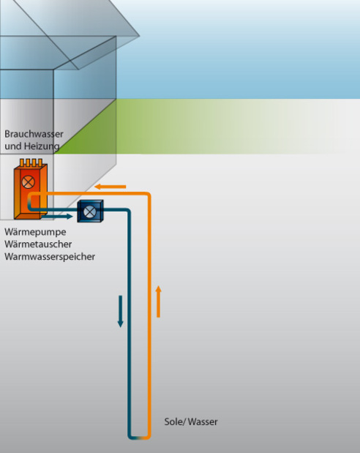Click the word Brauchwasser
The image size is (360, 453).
point(34,134)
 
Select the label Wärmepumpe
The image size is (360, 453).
point(35,232)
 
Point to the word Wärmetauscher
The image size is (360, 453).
point(38,244)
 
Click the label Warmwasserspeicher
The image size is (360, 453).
point(50,257)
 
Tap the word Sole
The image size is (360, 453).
point(173,422)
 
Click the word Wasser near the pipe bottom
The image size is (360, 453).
point(202,422)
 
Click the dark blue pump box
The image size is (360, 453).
point(90,211)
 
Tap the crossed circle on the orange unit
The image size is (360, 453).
point(29,182)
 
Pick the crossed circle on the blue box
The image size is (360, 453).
point(89,211)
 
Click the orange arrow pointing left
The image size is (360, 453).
point(110,187)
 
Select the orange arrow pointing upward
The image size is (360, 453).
point(158,302)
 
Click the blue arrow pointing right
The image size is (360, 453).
point(57,216)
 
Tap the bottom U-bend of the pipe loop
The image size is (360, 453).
point(139,437)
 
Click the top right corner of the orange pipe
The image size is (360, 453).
point(149,194)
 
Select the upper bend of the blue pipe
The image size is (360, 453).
point(128,211)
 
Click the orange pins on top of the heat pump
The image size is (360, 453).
point(31,162)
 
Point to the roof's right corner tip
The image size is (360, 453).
point(140,36)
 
